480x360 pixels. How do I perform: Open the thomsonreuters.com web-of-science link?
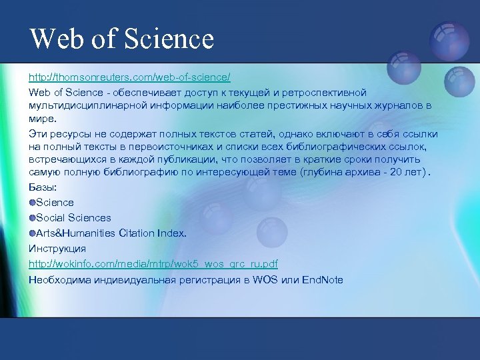coord(129,78)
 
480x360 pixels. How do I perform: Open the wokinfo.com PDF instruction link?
coord(153,264)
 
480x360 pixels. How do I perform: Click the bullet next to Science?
coord(32,202)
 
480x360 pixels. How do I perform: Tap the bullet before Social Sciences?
coord(32,217)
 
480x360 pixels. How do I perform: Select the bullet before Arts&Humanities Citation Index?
coord(32,233)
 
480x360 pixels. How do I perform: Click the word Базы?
coord(42,187)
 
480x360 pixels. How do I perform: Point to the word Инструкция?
coord(57,249)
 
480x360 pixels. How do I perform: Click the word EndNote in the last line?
coord(322,279)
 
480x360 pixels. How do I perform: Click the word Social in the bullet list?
coord(50,218)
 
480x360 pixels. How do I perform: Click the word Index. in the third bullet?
coord(172,233)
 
